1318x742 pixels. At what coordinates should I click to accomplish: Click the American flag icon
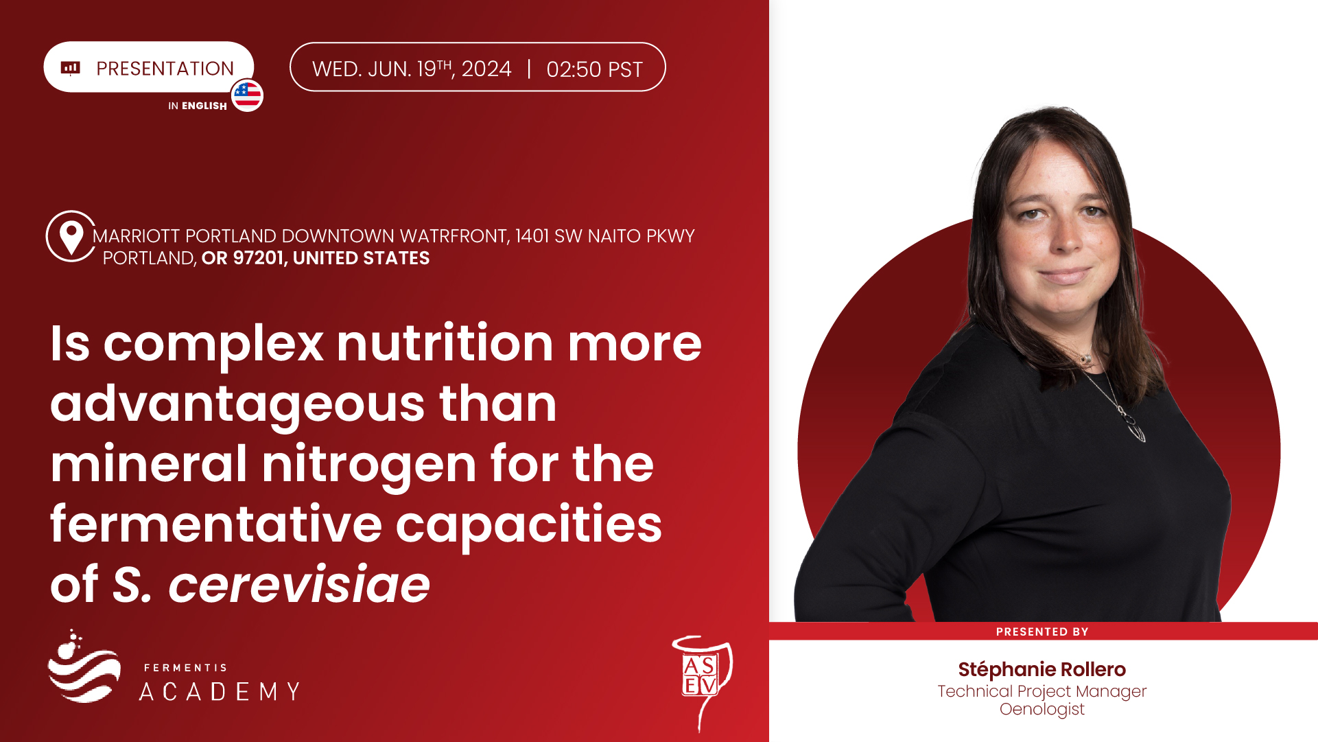point(247,95)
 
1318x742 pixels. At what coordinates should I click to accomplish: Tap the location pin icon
point(71,237)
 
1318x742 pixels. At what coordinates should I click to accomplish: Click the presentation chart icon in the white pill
point(71,67)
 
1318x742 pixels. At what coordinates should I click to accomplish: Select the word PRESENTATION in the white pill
point(165,69)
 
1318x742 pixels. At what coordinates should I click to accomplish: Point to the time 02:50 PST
point(594,69)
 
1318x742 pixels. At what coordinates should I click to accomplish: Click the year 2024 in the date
point(486,69)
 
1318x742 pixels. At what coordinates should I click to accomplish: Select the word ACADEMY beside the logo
point(220,691)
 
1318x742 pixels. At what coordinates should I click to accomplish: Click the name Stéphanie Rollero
point(1042,669)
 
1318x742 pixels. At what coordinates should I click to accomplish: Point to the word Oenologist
point(1042,709)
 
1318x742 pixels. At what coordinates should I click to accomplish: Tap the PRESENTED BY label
point(1042,631)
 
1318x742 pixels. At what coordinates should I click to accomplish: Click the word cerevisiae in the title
point(299,585)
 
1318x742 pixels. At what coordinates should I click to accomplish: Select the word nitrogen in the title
point(369,464)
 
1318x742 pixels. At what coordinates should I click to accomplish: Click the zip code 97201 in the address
point(258,258)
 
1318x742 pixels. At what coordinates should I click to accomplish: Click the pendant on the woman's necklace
point(1136,430)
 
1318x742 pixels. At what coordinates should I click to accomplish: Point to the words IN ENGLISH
point(198,106)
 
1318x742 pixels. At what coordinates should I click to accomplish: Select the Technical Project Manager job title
point(1042,691)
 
